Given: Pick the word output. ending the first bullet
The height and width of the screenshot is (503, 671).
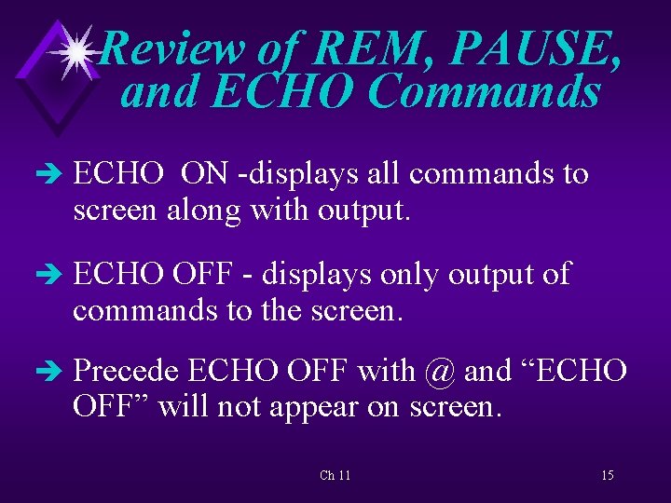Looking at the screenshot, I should pyautogui.click(x=364, y=211).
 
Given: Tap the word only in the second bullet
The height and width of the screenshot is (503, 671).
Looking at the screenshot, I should pyautogui.click(x=404, y=274).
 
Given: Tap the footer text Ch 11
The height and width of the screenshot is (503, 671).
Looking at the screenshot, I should pyautogui.click(x=335, y=475).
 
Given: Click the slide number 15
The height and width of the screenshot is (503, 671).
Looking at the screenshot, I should pyautogui.click(x=608, y=475).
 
